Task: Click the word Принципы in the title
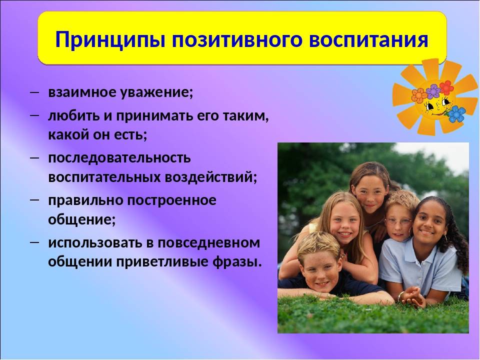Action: (x=110, y=40)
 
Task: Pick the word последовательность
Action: (x=119, y=158)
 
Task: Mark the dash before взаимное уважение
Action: (x=34, y=91)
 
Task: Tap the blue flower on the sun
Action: (x=456, y=113)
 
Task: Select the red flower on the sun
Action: (x=446, y=87)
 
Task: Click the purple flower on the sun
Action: (x=433, y=91)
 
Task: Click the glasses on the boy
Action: (x=399, y=221)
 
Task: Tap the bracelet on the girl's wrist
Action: (x=400, y=296)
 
